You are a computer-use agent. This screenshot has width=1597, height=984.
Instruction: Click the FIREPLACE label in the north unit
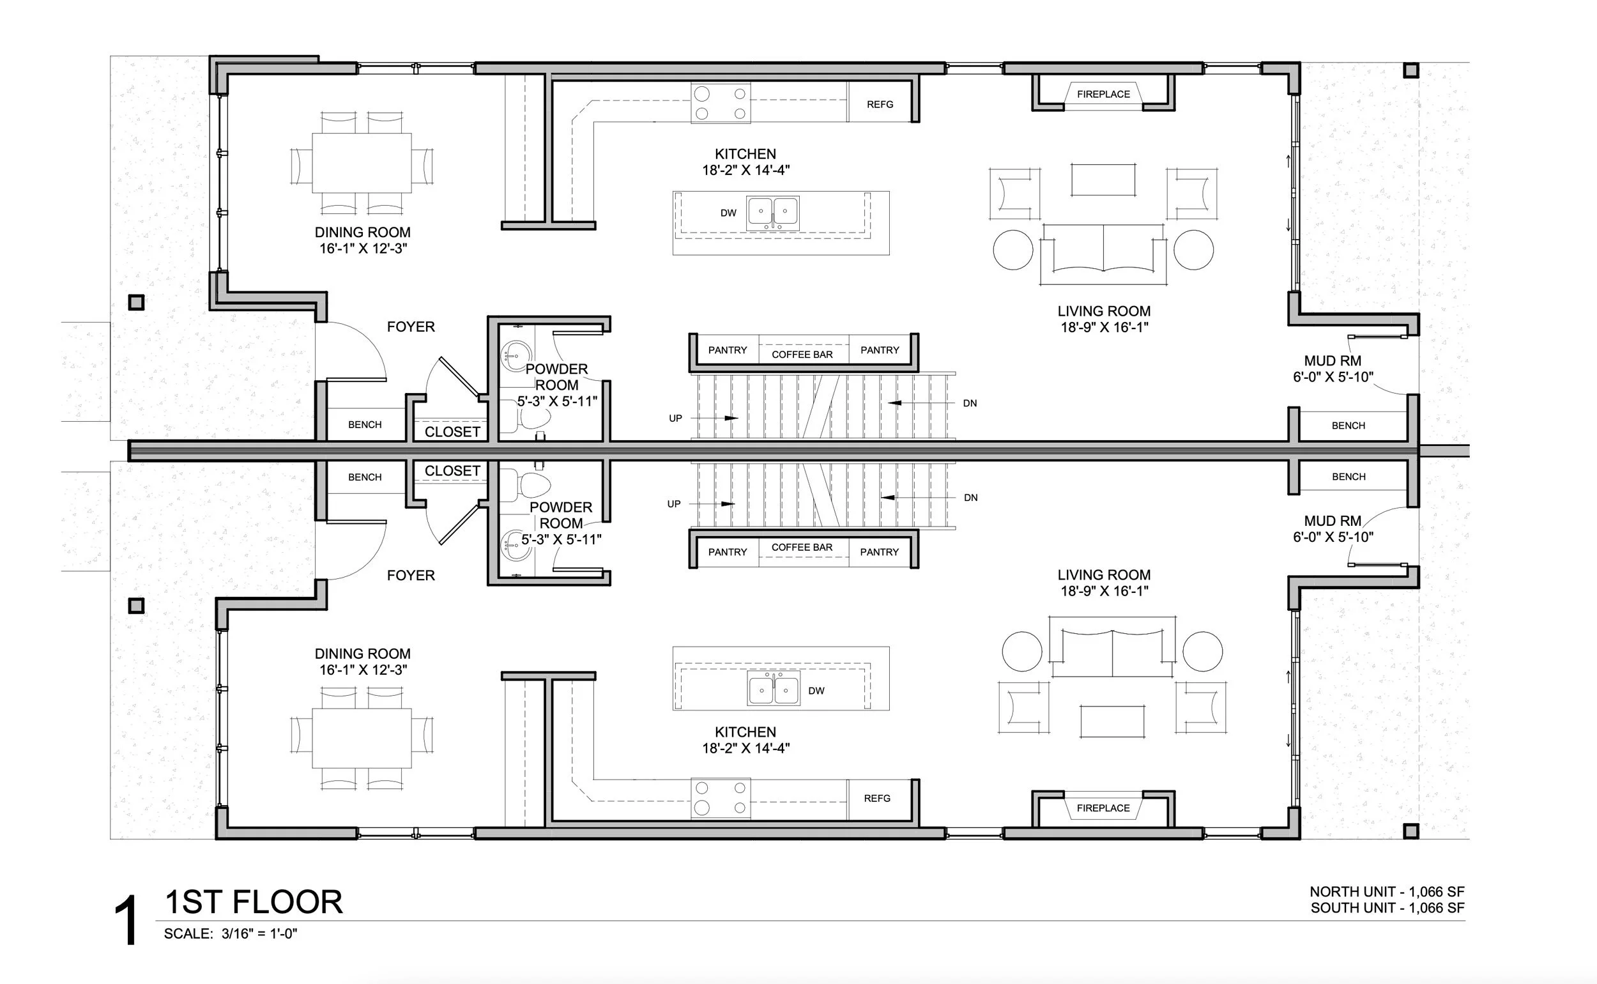tap(1103, 95)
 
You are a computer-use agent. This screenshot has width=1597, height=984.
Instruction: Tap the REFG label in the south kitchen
tap(877, 799)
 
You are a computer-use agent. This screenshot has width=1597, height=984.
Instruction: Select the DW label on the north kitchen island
tap(728, 213)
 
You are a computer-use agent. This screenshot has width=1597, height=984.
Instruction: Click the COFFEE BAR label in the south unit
tap(802, 548)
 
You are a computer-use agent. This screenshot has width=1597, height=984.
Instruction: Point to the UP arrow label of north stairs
tap(675, 419)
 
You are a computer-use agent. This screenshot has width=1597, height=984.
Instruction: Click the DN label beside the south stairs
tap(970, 498)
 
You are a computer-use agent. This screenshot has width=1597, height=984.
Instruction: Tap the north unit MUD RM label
tap(1333, 361)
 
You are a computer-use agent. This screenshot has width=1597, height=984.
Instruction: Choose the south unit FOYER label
tap(411, 575)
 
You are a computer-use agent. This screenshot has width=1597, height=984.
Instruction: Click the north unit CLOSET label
tap(452, 432)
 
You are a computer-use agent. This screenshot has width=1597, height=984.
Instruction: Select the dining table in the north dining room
tap(362, 163)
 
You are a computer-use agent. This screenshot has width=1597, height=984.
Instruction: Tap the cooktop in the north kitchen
tap(720, 104)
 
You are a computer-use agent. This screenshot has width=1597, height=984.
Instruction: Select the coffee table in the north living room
tap(1103, 180)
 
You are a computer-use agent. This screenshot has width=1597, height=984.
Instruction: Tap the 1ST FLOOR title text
tap(254, 903)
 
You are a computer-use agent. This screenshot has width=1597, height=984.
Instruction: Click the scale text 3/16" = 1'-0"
tap(259, 934)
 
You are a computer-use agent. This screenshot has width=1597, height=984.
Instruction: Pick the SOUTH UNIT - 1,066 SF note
tap(1387, 908)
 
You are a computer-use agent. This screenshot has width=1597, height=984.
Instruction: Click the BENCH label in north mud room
tap(1348, 426)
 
